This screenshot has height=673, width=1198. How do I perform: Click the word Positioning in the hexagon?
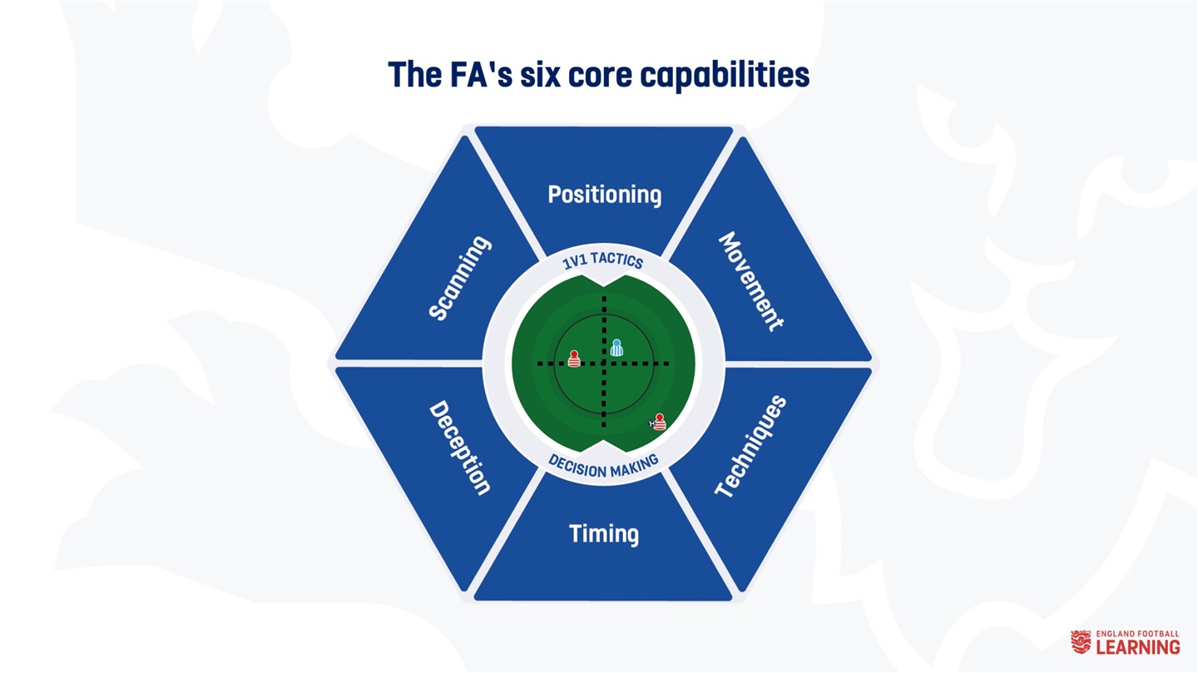pyautogui.click(x=604, y=195)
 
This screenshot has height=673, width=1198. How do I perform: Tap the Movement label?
pyautogui.click(x=751, y=281)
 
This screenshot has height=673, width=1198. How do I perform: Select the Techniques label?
pyautogui.click(x=751, y=446)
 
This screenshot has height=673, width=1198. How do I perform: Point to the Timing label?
pyautogui.click(x=604, y=534)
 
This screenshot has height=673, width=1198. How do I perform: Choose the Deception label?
pyautogui.click(x=459, y=448)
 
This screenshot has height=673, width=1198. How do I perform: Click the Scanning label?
pyautogui.click(x=460, y=278)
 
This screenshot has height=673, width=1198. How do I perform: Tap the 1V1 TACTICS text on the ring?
pyautogui.click(x=602, y=260)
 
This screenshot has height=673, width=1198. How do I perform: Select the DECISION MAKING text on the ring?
pyautogui.click(x=603, y=467)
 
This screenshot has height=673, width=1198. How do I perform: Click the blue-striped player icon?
pyautogui.click(x=616, y=348)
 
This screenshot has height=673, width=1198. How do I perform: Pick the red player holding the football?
pyautogui.click(x=660, y=422)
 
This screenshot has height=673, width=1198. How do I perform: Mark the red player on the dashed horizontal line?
pyautogui.click(x=574, y=359)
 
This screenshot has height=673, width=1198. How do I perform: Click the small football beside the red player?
pyautogui.click(x=651, y=424)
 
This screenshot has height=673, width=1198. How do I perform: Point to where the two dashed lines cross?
pyautogui.click(x=604, y=364)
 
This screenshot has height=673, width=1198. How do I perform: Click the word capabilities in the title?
pyautogui.click(x=725, y=76)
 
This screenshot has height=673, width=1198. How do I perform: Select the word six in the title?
pyautogui.click(x=540, y=75)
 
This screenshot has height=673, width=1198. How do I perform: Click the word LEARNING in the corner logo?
pyautogui.click(x=1138, y=647)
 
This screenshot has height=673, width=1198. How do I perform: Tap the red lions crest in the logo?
pyautogui.click(x=1081, y=642)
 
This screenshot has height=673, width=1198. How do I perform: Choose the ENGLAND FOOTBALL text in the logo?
pyautogui.click(x=1137, y=633)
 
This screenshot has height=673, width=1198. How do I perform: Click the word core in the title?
pyautogui.click(x=600, y=76)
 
